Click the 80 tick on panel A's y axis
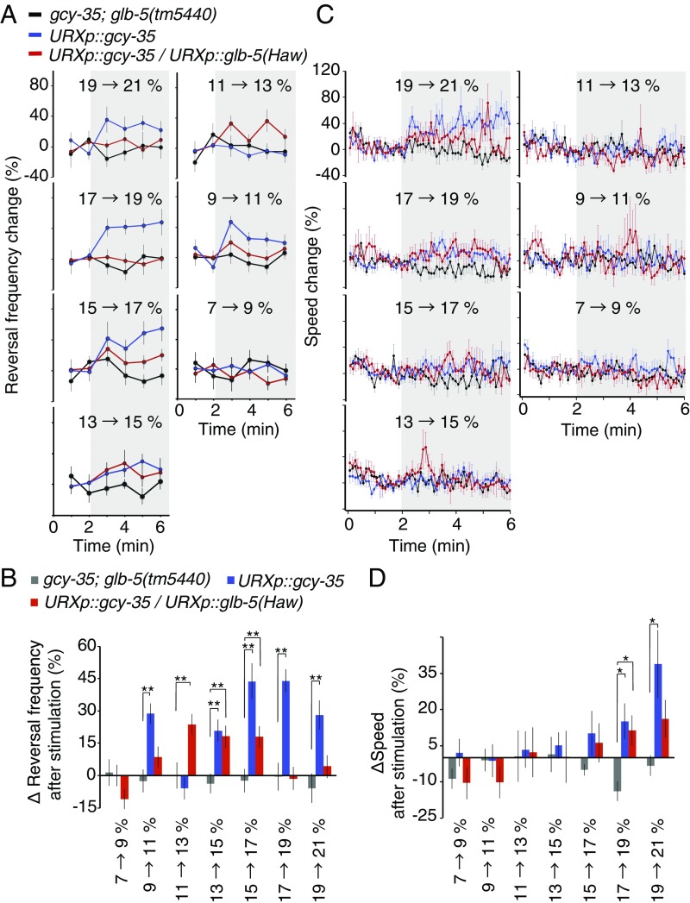(34, 85)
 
